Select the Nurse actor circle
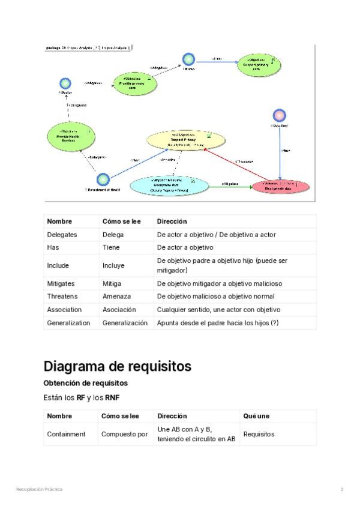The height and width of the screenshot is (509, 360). coord(188,59)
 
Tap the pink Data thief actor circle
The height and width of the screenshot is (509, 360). coord(279,115)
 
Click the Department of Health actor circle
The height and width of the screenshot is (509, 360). coord(103,179)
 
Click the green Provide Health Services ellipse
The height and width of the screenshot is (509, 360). coord(70,136)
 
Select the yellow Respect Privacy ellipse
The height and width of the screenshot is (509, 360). coord(186,140)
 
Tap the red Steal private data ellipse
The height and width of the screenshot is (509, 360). coord(281,185)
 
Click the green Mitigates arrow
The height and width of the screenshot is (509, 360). coord(230,187)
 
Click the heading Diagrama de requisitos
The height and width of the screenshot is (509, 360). coord(118,366)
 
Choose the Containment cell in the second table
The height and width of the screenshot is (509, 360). coord(66,433)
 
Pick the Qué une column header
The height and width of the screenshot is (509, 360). coord(256,415)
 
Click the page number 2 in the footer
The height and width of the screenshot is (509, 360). coord(342,490)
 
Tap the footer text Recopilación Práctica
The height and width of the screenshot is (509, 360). coord(39,490)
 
